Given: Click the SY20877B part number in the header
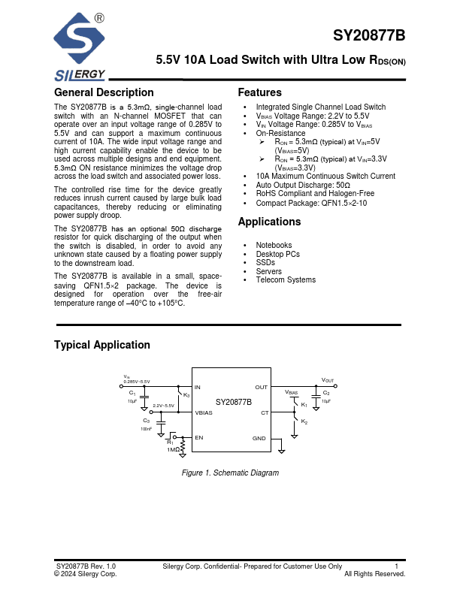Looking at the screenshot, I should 369,36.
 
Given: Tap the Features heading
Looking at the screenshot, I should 259,93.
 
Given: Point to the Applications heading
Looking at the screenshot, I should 269,222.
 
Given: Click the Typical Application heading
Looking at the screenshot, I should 102,345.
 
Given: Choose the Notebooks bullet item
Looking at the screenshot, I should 274,246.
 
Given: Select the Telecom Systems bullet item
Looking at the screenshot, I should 286,280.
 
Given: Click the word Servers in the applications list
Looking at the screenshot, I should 268,271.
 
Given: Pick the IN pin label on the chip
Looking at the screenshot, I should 198,388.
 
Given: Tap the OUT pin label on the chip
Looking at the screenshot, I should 261,388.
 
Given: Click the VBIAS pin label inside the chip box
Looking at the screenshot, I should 204,412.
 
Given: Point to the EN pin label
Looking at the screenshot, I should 199,437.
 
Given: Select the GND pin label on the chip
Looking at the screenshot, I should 259,437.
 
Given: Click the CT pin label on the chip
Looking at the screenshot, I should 264,412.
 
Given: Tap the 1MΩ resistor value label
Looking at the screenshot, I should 173,449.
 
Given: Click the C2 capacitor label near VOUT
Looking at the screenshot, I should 326,393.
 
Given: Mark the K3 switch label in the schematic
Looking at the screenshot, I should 186,395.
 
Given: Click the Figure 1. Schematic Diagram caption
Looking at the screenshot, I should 230,473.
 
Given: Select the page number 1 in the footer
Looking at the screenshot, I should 396,566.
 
